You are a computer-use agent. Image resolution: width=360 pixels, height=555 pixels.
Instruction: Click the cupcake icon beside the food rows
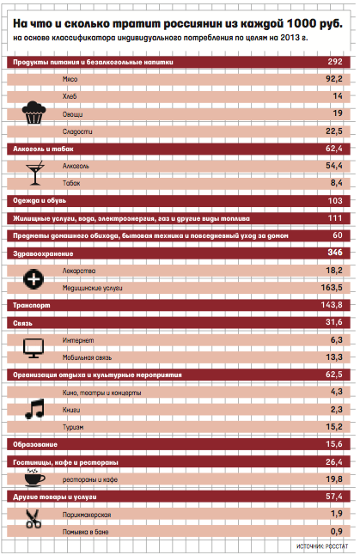[x=34, y=113]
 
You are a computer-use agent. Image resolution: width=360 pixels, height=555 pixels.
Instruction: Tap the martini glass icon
[x=35, y=173]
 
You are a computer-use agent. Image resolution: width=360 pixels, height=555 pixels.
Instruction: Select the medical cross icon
[x=34, y=279]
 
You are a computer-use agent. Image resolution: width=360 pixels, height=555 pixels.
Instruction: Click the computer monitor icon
[x=34, y=348]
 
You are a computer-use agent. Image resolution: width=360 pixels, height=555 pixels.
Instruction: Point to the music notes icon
[x=34, y=409]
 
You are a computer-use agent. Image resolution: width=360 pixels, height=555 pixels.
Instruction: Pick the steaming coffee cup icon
[x=34, y=478]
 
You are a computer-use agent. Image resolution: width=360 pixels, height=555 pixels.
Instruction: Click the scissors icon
[x=34, y=519]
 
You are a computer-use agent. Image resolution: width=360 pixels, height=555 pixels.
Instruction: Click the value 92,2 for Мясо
[x=334, y=79]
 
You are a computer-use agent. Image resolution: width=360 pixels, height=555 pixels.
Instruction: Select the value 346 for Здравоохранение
[x=335, y=253]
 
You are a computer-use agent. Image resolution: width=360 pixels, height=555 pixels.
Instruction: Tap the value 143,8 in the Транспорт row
[x=332, y=305]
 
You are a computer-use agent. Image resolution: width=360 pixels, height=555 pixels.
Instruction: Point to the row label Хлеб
[x=70, y=96]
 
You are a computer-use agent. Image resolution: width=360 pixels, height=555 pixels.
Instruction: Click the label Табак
[x=71, y=183]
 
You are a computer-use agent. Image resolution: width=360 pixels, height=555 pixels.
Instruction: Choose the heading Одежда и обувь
[x=40, y=201]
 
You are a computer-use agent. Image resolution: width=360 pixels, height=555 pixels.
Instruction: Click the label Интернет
[x=78, y=340]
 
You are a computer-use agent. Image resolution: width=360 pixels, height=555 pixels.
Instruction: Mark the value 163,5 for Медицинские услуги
[x=332, y=288]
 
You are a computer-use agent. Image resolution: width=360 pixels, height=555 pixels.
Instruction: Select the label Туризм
[x=73, y=427]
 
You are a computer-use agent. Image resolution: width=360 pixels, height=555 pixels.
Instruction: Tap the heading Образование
[x=35, y=444]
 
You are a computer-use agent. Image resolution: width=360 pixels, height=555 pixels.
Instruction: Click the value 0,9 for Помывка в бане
[x=336, y=531]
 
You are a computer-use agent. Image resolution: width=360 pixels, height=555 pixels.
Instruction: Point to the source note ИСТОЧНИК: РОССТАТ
[x=322, y=546]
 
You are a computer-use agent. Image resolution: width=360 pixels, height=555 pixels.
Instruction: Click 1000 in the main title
[x=302, y=24]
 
